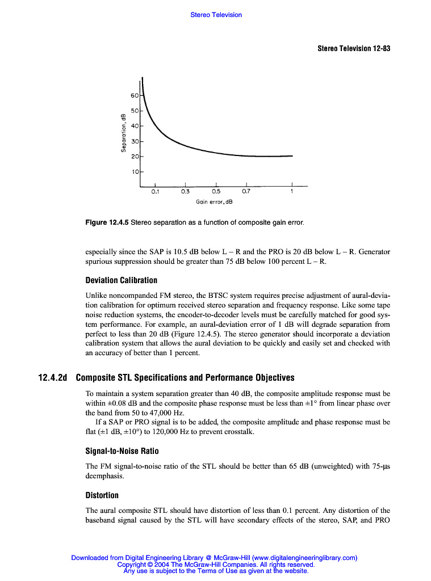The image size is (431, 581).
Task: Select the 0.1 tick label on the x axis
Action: [155, 192]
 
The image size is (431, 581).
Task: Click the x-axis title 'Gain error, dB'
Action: [215, 201]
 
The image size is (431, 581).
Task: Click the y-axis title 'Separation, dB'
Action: [123, 133]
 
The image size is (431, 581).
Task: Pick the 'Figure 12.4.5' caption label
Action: [107, 222]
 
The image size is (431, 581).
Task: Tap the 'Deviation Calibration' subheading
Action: [121, 280]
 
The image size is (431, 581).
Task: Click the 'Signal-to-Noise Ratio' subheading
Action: [122, 451]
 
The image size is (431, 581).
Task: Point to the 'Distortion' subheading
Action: [102, 495]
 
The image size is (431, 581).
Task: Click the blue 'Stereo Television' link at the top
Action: [216, 15]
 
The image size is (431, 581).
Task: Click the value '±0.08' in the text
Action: [114, 402]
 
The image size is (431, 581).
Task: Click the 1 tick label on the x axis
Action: [292, 192]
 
